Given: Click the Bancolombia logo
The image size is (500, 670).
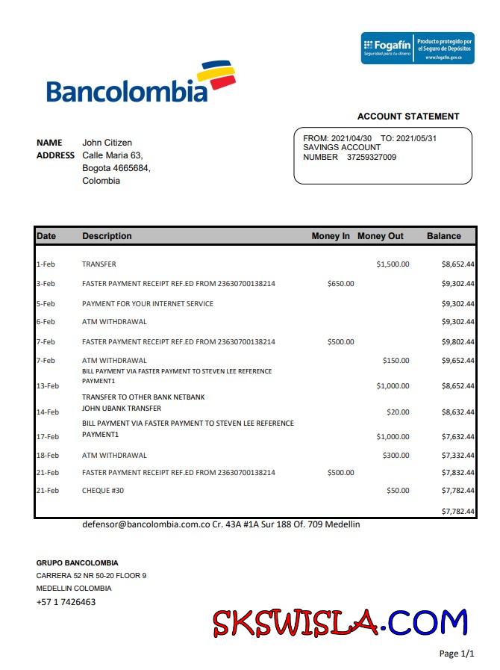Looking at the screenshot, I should tap(140, 83).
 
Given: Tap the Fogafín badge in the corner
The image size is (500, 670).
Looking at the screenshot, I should tap(417, 48).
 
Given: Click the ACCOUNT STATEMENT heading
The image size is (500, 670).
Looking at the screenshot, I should tap(408, 117).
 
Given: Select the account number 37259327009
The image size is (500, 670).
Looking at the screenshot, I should tap(372, 157).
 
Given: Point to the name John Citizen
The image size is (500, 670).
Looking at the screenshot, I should tap(107, 143).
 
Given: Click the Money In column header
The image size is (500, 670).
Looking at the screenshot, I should tap(331, 236).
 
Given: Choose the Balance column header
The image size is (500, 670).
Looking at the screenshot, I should tap(444, 236).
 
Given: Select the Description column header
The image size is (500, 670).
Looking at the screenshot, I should tap(107, 236).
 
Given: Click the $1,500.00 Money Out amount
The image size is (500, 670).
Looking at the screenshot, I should tap(393, 264).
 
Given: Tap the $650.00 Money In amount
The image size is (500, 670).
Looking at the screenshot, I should tap(340, 284).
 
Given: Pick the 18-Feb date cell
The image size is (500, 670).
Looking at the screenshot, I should tap(47, 455).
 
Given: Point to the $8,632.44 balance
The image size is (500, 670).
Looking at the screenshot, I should tap(458, 412).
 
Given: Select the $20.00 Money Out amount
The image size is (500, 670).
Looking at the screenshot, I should tap(398, 412).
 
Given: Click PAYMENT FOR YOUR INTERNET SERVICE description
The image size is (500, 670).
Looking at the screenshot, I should tap(148, 304).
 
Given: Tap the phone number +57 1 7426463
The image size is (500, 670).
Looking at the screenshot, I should tap(66, 602).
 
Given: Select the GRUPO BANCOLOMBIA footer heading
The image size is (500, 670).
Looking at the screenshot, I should tap(77, 562).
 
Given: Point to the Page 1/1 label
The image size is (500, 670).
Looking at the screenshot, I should tap(457, 654).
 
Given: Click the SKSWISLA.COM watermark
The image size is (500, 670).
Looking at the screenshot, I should tap(340, 623).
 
